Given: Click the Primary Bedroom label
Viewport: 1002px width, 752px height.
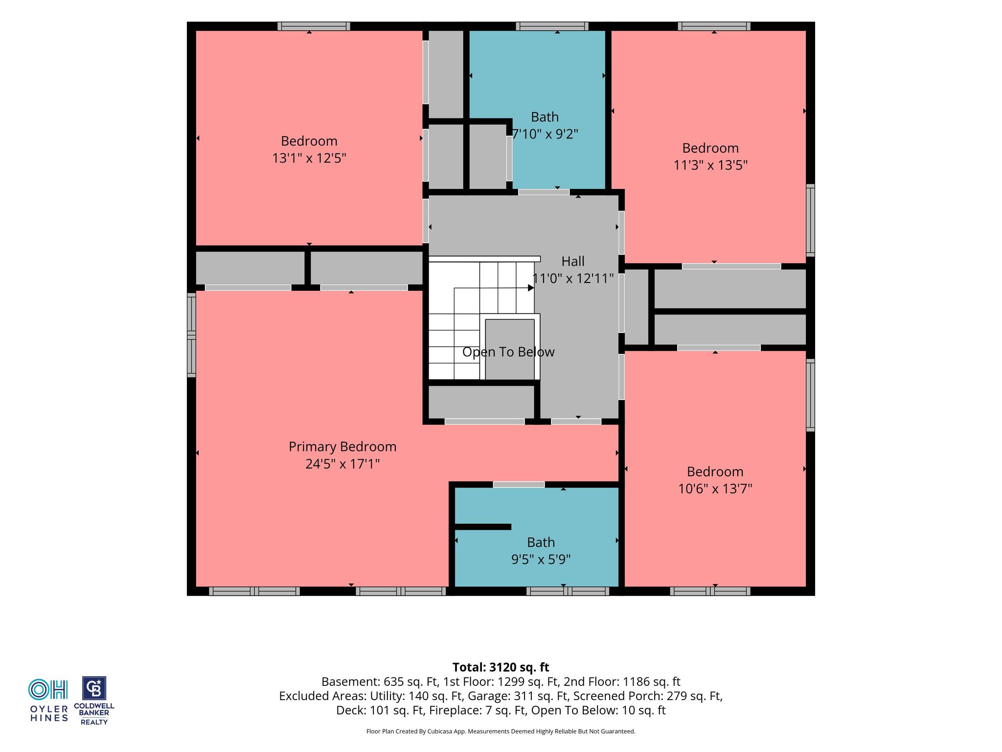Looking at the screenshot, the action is [x=342, y=446].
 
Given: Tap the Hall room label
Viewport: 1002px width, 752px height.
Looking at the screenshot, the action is [x=573, y=261].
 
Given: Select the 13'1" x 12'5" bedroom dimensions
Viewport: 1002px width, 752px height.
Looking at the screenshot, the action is [x=309, y=158].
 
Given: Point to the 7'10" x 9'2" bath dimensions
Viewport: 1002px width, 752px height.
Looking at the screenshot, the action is [x=545, y=134].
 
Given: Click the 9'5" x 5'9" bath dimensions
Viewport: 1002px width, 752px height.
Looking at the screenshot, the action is [x=541, y=559].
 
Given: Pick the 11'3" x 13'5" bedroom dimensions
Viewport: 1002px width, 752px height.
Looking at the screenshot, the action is [x=710, y=165].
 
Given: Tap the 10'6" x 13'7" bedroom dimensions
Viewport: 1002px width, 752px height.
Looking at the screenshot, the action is [x=715, y=489].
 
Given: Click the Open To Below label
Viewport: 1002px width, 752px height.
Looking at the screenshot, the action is [x=508, y=352].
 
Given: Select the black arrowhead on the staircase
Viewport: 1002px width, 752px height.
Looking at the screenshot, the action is [x=531, y=288].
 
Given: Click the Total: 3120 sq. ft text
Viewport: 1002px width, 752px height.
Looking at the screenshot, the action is [x=501, y=667].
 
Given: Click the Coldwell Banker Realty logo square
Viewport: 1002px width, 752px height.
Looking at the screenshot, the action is [x=94, y=689].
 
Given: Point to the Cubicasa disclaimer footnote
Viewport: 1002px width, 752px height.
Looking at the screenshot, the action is [x=501, y=731].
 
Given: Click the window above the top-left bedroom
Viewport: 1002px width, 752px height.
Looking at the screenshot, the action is [x=314, y=26].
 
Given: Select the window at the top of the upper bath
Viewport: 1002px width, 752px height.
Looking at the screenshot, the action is [x=552, y=26].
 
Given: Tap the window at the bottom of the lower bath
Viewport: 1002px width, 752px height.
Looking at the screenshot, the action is [x=568, y=591].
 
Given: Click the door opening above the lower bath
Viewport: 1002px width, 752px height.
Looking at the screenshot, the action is [x=519, y=485].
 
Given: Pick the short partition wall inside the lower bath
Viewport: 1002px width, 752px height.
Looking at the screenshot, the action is [x=483, y=527].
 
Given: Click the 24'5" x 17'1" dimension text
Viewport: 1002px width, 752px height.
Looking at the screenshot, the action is [x=342, y=464].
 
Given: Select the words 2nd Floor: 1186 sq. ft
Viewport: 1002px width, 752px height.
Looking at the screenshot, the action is [x=622, y=681].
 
